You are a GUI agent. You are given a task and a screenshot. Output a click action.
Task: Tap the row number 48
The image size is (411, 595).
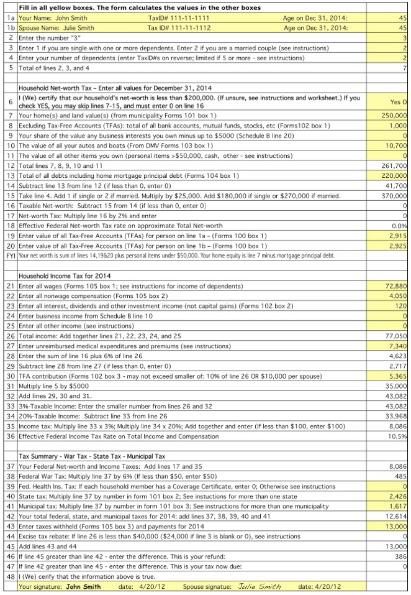pyautogui.click(x=10, y=576)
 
